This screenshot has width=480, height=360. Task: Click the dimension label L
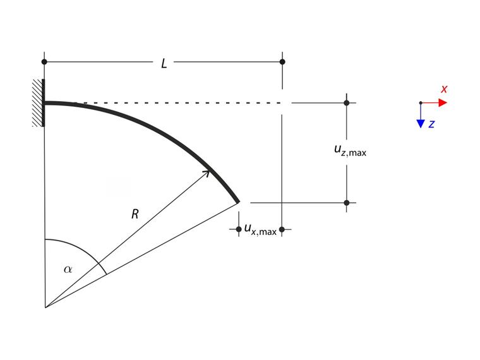pos(164,63)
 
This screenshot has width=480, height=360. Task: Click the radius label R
pos(135,214)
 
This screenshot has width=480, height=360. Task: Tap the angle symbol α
pos(68,269)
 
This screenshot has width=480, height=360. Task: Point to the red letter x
pos(444,89)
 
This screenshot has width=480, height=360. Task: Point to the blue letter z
pos(431,124)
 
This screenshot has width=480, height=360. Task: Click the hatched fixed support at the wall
pos(39,103)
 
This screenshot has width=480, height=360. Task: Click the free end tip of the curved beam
pos(237,201)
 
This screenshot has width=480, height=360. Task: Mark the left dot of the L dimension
pos(44,62)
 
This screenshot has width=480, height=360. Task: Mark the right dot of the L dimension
pos(282,62)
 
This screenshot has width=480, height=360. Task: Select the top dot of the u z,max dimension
pos(346,102)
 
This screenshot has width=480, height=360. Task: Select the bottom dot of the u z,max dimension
pos(346,203)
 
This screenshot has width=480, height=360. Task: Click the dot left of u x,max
pos(239,229)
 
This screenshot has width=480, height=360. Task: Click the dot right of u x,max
pos(282,229)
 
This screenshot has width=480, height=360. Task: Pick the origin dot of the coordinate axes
pos(421,102)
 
